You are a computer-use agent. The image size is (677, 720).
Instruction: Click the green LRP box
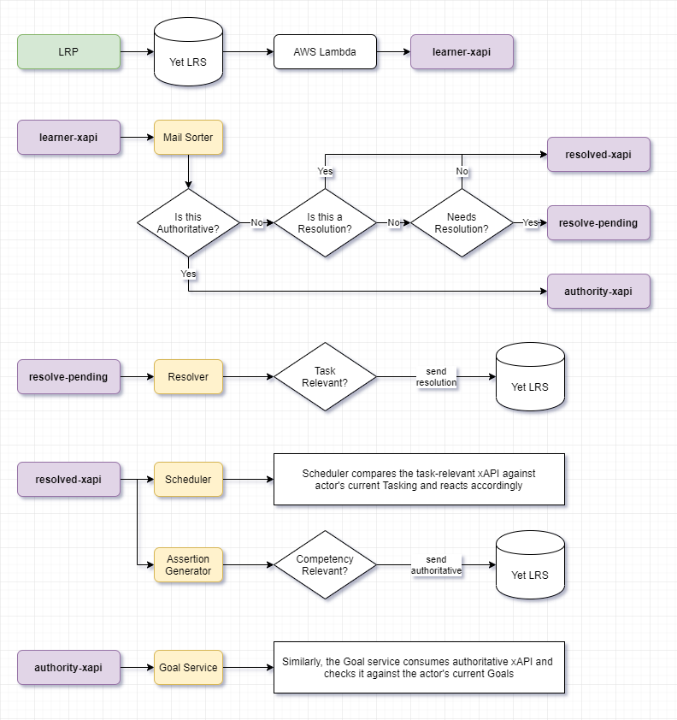point(68,52)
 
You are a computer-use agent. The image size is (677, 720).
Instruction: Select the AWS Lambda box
point(325,52)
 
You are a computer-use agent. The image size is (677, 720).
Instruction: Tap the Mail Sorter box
point(188,138)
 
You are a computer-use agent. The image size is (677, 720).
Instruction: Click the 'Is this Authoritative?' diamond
point(188,222)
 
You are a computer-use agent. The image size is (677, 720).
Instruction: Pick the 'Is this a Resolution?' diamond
point(325,222)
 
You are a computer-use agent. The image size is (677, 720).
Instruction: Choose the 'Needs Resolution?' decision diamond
point(462,222)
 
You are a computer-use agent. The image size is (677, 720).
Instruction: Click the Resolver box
point(188,377)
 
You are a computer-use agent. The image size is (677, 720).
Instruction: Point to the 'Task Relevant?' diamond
point(325,377)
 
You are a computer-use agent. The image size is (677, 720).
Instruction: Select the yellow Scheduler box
point(188,480)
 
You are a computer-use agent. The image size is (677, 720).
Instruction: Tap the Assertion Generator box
point(188,565)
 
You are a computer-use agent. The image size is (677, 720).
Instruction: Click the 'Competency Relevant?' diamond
point(325,565)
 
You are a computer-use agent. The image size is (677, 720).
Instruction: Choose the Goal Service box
point(188,668)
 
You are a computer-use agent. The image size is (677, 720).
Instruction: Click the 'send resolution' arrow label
point(436,377)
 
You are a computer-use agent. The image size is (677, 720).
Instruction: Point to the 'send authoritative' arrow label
point(436,565)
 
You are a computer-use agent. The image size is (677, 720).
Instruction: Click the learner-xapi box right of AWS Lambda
point(462,52)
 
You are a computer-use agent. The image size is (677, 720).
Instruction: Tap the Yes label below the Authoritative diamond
point(188,274)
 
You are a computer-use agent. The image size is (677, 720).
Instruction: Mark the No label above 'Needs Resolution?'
point(462,171)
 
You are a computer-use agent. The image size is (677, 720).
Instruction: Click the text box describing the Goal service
point(419,668)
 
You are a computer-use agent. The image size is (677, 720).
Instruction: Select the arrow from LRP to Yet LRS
point(136,52)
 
